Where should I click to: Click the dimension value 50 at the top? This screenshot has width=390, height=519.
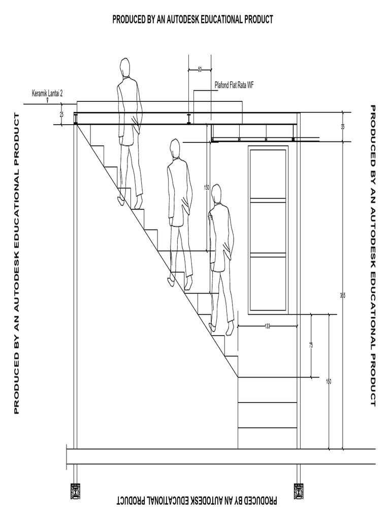tap(200, 68)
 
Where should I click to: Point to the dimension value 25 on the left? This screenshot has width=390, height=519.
tap(62, 115)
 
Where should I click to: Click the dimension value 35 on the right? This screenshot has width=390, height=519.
tap(343, 127)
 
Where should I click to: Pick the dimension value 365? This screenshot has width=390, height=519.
tap(343, 295)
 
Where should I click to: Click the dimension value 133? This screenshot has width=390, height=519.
tap(267, 326)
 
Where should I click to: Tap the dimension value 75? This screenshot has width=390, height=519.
tap(311, 345)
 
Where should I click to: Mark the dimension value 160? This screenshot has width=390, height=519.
tap(329, 382)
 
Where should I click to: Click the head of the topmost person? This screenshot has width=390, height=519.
tap(125, 67)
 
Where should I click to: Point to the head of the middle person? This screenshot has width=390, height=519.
tap(175, 149)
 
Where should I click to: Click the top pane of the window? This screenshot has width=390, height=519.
tap(268, 172)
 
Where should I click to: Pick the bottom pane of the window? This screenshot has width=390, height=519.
tap(268, 283)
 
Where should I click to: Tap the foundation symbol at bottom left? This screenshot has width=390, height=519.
tap(76, 491)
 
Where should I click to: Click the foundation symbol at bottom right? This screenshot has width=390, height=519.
tap(299, 491)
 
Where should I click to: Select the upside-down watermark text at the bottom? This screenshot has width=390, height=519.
tap(197, 501)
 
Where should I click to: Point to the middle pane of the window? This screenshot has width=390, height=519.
tap(268, 227)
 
